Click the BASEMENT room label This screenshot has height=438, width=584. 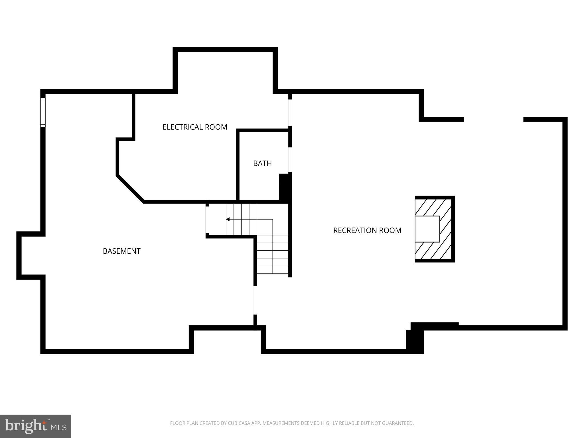[121, 251]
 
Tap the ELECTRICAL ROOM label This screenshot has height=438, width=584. [195, 127]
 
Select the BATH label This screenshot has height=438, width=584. [262, 163]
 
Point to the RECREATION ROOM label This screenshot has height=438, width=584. [367, 230]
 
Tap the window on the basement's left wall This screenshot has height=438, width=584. [43, 112]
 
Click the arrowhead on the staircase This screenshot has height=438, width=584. [228, 219]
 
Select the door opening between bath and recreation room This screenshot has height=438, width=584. [290, 159]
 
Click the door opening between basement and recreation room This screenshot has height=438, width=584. [255, 300]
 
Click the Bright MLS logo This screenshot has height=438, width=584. [35, 426]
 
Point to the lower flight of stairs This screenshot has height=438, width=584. [273, 254]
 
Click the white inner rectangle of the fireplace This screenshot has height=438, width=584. [427, 229]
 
